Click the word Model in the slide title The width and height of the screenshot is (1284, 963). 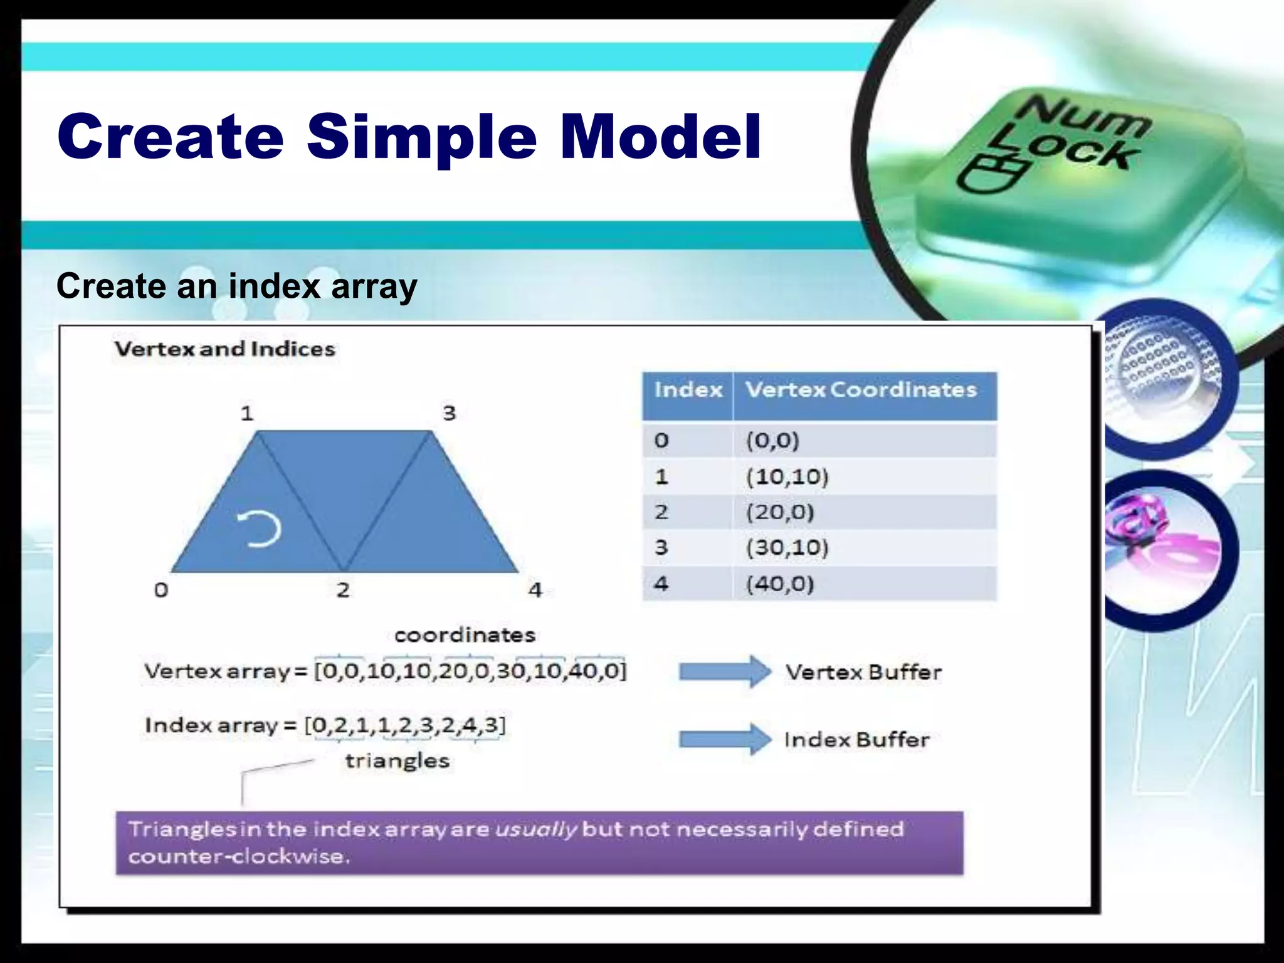661,136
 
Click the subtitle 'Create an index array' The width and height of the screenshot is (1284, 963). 236,287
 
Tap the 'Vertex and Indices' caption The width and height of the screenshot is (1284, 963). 224,349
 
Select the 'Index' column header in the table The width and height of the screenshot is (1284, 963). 688,391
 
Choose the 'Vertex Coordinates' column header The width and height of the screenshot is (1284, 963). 861,391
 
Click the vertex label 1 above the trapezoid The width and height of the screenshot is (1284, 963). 247,413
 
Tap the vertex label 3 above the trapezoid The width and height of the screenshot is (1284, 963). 449,413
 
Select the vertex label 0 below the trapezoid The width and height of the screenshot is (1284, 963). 161,590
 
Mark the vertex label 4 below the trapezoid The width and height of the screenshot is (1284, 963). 535,590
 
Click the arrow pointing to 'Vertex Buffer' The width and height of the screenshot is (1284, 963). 725,671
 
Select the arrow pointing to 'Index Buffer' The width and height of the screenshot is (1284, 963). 725,739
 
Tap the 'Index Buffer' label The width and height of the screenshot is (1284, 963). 856,740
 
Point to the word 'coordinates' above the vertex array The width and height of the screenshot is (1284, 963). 465,635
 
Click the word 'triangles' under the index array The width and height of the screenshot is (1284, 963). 397,761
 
